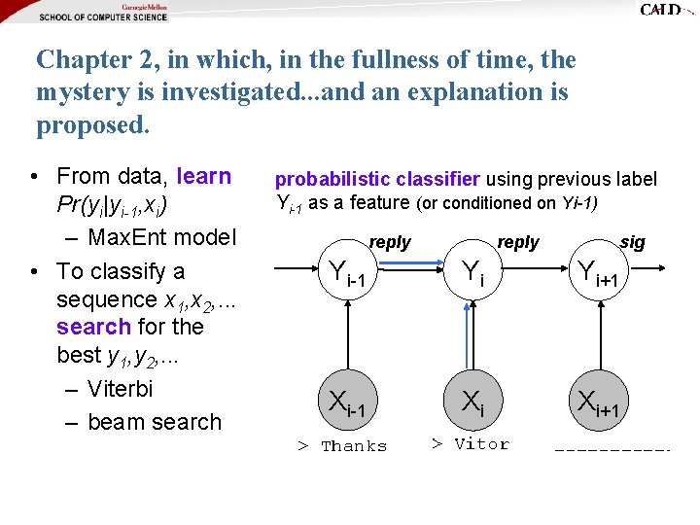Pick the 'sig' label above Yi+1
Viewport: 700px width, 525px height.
(632, 242)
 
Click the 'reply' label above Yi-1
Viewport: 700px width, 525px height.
(390, 242)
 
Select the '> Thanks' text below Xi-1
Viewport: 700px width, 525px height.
(342, 446)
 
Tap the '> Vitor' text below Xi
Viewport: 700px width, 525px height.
(470, 444)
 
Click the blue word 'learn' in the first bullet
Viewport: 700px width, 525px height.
(204, 176)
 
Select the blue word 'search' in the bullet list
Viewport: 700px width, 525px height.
(93, 327)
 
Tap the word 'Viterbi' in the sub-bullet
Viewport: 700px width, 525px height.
(120, 389)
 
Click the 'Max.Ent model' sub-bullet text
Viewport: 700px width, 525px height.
(161, 237)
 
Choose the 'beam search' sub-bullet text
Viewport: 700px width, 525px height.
(155, 422)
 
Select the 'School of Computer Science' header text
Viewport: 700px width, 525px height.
(103, 17)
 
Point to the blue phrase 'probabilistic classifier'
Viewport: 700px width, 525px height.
(377, 179)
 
